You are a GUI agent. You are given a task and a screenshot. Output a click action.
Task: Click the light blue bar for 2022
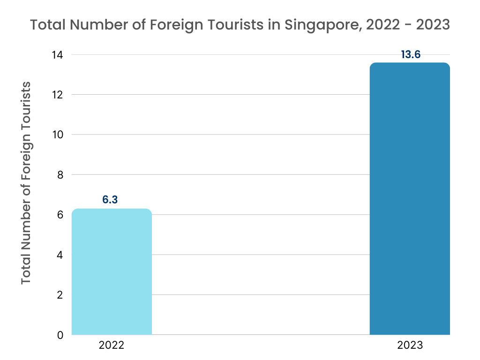click(112, 272)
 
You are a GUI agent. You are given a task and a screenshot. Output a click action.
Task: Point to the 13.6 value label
click(411, 54)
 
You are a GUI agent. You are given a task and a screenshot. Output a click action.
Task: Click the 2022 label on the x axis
click(112, 346)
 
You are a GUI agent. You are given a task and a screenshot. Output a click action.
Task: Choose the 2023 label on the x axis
click(410, 346)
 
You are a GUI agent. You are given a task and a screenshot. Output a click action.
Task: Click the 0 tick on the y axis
click(60, 335)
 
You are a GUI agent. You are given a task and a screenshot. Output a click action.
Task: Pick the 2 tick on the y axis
click(60, 295)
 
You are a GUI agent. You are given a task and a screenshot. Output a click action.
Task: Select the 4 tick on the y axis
click(60, 255)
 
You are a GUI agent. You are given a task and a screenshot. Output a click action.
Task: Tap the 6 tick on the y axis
click(60, 215)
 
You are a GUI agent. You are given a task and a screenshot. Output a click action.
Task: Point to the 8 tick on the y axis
click(60, 175)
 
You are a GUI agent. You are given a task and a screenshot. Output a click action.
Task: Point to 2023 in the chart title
click(430, 24)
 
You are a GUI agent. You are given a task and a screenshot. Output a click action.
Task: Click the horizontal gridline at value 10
click(258, 135)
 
